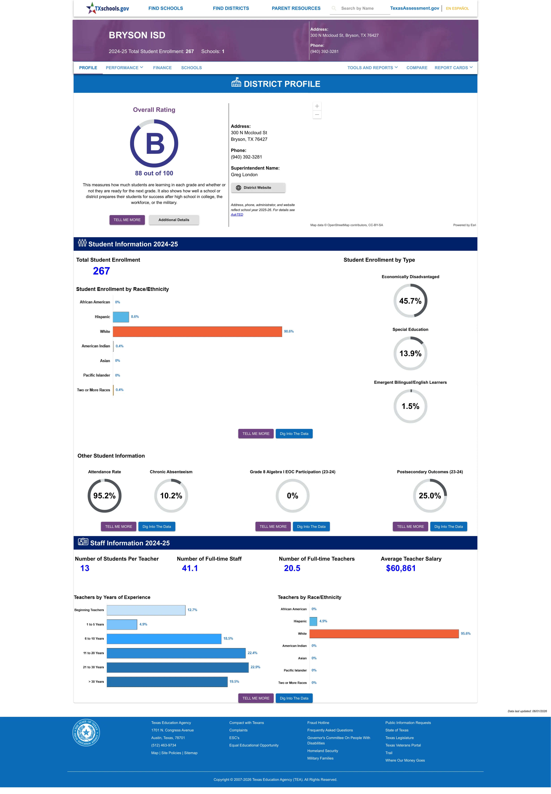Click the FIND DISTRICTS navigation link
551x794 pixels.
point(231,8)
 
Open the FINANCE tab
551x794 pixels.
point(162,68)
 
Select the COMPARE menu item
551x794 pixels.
point(417,68)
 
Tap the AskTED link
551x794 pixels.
point(237,215)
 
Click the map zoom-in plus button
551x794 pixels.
point(317,106)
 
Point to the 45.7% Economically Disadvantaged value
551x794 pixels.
point(410,301)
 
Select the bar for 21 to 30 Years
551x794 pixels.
point(177,667)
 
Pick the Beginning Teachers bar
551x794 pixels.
point(146,610)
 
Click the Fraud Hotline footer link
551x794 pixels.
point(318,723)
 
